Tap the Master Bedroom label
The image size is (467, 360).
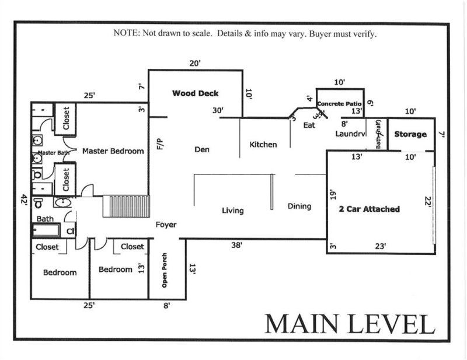113,151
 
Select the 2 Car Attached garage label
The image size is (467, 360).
370,208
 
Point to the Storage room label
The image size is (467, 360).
410,134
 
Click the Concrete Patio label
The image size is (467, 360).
340,104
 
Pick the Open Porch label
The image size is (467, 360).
165,273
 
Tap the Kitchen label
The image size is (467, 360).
263,145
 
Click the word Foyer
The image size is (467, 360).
166,225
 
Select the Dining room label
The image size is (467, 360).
299,206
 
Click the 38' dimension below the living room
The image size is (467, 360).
237,246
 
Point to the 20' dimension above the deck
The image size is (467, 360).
195,63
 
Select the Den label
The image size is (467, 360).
201,149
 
